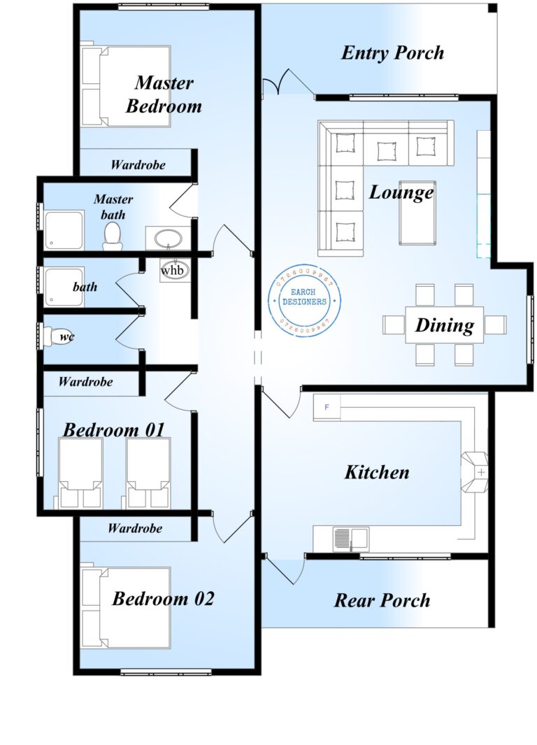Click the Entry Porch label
click(392, 53)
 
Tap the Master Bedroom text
click(164, 94)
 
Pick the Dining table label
click(445, 325)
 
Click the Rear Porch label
click(382, 600)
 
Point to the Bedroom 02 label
click(163, 599)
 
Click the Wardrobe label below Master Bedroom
click(138, 165)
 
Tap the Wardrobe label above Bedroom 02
click(134, 528)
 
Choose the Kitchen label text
click(376, 472)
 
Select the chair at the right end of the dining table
click(495, 325)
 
